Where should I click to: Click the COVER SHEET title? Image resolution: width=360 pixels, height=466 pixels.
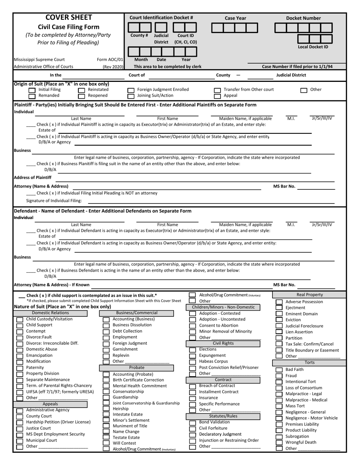(x=69, y=17)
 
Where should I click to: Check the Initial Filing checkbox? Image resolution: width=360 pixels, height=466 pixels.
(x=32, y=90)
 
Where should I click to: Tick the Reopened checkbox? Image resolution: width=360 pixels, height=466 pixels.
(x=81, y=96)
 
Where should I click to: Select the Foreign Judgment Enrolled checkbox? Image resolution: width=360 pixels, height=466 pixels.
(x=131, y=90)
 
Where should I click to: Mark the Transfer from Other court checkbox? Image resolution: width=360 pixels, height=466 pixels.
(x=218, y=90)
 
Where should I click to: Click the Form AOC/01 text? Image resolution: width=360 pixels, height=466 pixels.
(x=110, y=59)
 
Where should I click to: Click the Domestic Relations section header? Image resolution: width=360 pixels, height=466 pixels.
(x=51, y=313)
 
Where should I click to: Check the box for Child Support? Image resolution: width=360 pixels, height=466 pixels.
(x=19, y=325)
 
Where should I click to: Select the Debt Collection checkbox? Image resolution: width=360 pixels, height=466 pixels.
(x=106, y=332)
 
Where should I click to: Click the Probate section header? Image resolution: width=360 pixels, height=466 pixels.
(x=137, y=367)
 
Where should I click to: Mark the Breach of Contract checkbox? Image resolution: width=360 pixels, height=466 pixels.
(x=193, y=386)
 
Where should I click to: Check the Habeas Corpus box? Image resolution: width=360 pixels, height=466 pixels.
(x=193, y=362)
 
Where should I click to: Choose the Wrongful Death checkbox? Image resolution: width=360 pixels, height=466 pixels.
(x=279, y=443)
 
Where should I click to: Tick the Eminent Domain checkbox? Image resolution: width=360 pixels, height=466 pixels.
(x=279, y=314)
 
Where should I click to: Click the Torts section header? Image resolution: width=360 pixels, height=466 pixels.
(x=310, y=363)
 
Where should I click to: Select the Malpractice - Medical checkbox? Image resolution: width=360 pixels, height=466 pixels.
(x=279, y=400)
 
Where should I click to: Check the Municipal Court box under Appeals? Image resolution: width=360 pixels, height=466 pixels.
(x=19, y=441)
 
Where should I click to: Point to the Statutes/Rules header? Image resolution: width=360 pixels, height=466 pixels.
(x=223, y=416)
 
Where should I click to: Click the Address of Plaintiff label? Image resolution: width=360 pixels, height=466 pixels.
(x=33, y=177)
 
